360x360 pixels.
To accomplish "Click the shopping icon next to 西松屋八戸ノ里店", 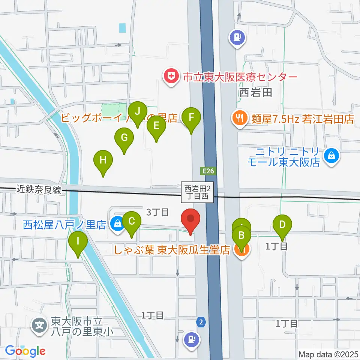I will (x=118, y=225).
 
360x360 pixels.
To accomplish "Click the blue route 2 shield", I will (x=202, y=321).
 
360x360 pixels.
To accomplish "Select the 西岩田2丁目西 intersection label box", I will (x=198, y=192).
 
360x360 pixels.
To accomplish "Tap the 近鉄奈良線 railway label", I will (x=39, y=190).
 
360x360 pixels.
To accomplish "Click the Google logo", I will (x=25, y=351).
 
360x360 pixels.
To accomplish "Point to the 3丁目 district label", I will (x=157, y=212).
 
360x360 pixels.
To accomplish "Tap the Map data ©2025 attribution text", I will (x=328, y=354).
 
